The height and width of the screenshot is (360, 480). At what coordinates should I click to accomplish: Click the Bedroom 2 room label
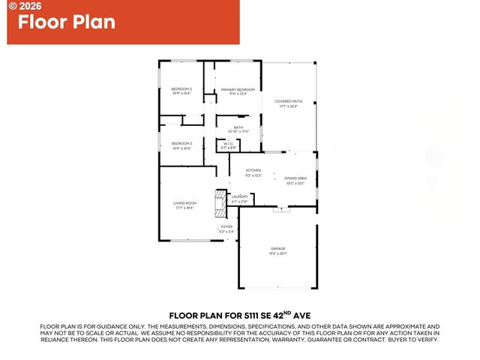pyautogui.click(x=182, y=89)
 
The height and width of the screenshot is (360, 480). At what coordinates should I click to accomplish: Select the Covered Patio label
pyautogui.click(x=288, y=101)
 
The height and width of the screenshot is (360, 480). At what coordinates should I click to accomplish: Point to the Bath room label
pyautogui.click(x=238, y=127)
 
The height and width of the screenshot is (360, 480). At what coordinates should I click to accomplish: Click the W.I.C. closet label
pyautogui.click(x=228, y=143)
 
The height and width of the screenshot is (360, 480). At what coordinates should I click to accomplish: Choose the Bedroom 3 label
pyautogui.click(x=182, y=143)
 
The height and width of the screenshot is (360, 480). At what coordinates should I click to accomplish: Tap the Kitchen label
pyautogui.click(x=253, y=171)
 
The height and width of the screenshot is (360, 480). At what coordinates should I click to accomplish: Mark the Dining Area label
pyautogui.click(x=295, y=178)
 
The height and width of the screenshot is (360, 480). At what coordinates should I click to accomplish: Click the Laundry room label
pyautogui.click(x=240, y=196)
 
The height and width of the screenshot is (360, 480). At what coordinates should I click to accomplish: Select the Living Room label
pyautogui.click(x=185, y=203)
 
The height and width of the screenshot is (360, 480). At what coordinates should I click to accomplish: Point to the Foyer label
pyautogui.click(x=226, y=226)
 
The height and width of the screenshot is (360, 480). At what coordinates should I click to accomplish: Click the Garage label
pyautogui.click(x=278, y=248)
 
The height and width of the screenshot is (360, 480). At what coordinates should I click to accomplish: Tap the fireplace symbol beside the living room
pyautogui.click(x=220, y=202)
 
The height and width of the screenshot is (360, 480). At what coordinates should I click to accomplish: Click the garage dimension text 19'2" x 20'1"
pyautogui.click(x=278, y=253)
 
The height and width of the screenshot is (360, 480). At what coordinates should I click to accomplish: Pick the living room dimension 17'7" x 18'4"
pyautogui.click(x=185, y=208)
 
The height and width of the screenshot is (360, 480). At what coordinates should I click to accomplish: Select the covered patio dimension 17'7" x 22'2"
pyautogui.click(x=288, y=106)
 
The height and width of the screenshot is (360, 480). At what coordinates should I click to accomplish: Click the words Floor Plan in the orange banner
pyautogui.click(x=67, y=22)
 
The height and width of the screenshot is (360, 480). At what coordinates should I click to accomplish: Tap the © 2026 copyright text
pyautogui.click(x=23, y=5)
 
